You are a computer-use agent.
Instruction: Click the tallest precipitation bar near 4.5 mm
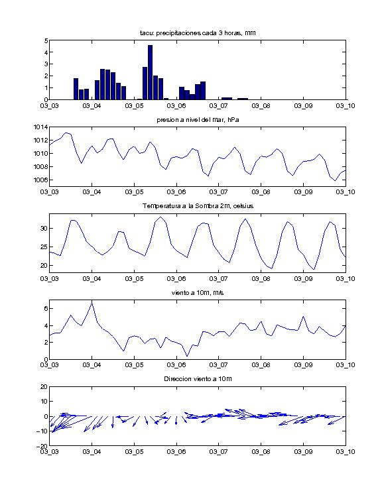coord(150,72)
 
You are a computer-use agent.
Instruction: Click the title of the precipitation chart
coord(198,33)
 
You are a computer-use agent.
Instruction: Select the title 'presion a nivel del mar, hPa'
coord(198,120)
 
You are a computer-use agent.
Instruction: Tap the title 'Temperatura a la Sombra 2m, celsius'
coord(198,206)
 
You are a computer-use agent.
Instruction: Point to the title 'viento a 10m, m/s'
coord(198,293)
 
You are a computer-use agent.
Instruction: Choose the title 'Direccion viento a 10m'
coord(198,379)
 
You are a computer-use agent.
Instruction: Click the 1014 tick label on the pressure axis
coord(41,127)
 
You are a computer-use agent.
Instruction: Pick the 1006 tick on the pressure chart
coord(41,180)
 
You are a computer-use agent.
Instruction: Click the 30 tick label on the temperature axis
coord(44,229)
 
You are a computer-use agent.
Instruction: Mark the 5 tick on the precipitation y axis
coord(46,40)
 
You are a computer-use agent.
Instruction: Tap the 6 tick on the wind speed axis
coord(46,309)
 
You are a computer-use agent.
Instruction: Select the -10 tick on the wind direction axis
coord(42,431)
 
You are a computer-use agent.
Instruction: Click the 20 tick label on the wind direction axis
coord(44,387)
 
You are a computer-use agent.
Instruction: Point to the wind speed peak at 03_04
coord(92,302)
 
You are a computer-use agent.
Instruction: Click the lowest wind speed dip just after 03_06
coord(187,356)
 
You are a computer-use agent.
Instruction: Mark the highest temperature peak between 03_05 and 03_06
coord(160,217)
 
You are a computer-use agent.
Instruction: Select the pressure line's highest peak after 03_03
coord(66,133)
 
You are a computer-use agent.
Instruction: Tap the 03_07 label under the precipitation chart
coord(218,106)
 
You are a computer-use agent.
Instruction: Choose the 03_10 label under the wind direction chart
coord(346,451)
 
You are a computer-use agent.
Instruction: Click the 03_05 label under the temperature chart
coord(134,279)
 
